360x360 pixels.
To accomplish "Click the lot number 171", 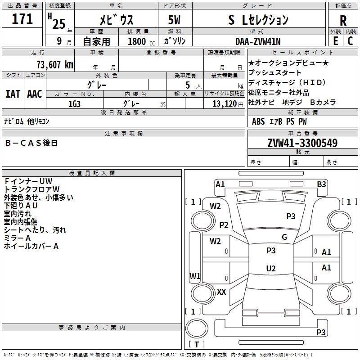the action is pos(22,19).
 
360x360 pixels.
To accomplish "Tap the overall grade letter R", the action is pos(343,21).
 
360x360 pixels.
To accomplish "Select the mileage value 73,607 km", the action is pos(55,65).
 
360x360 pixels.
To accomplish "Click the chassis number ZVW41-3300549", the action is pos(302,143).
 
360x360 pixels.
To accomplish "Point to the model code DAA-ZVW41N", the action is pos(258,41).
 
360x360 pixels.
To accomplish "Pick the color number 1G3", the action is pos(74,104).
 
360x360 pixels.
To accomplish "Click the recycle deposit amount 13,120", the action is pos(225,104).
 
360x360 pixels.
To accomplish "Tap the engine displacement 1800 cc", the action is pos(141,41).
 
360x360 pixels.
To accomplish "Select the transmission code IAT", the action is pos(13,94).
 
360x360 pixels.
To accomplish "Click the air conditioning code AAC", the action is pos(35,94).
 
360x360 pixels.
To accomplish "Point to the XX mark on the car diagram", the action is pos(221,292).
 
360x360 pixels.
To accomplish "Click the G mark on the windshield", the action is pos(284,237).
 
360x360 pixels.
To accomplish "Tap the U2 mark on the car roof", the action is pos(271,268).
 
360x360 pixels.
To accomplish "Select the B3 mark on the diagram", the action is pos(321,184).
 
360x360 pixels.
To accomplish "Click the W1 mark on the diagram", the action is pos(195,276).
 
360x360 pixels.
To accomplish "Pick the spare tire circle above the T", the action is pos(197,328).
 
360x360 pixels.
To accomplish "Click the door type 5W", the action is pos(174,20).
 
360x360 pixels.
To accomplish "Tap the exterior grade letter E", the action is pos(336,41).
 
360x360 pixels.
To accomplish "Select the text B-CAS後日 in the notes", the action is pos(31,143).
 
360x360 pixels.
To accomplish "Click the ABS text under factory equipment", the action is pos(258,121).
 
